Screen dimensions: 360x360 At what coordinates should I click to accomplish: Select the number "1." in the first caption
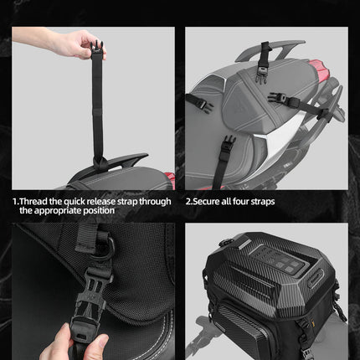point(16,201)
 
